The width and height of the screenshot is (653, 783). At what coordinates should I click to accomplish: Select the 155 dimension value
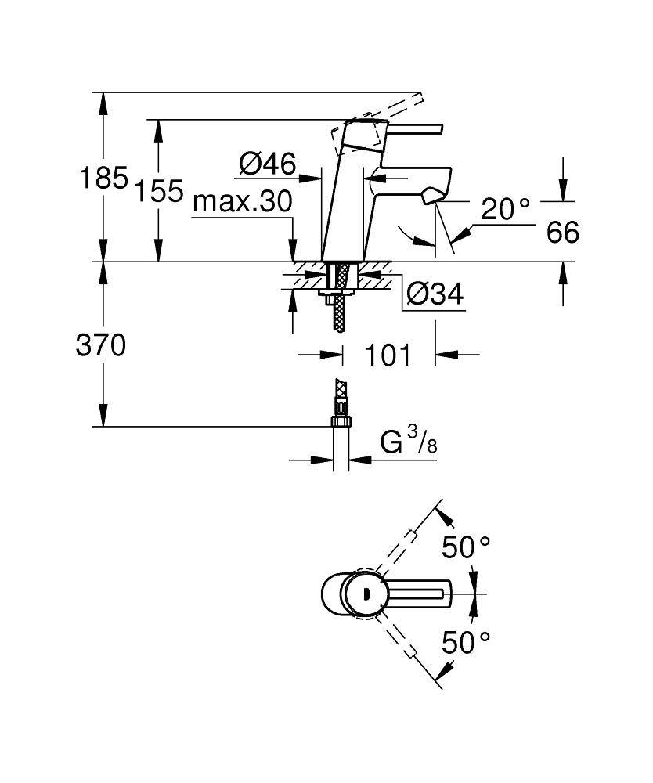pos(159,190)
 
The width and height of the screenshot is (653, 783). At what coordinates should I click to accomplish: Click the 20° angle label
pos(505,208)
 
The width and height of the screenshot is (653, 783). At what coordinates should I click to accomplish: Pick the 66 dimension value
pos(563,233)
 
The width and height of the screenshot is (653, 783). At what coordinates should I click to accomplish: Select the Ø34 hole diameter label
pos(435,295)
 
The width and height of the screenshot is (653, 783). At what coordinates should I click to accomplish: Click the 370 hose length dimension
pos(101,345)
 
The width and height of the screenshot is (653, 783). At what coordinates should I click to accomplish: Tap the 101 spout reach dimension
pos(388,355)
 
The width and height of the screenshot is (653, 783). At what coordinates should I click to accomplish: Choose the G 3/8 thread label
pos(409,444)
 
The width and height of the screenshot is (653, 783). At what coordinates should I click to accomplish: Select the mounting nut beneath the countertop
pos(339,294)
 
